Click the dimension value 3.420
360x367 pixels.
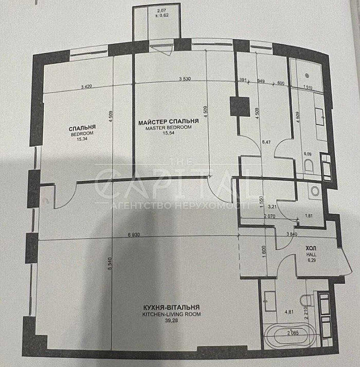point(86,87)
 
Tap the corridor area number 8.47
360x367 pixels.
point(266,142)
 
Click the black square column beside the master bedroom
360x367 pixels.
point(240,106)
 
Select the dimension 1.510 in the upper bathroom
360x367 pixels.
point(307,87)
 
